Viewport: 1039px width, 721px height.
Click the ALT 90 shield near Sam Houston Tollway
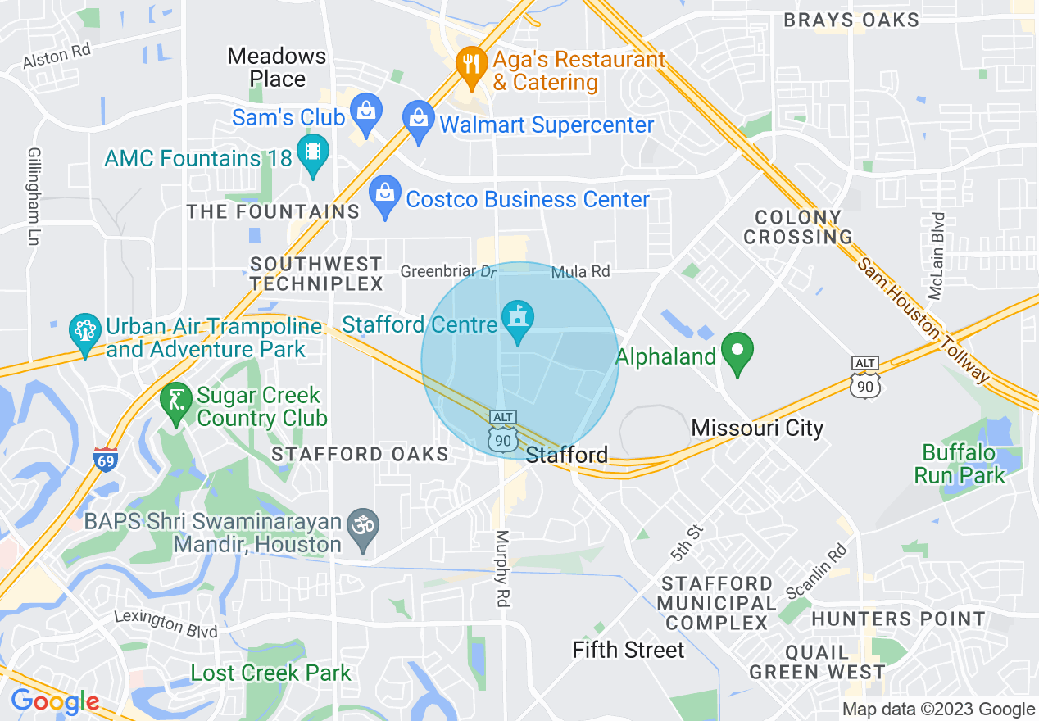[x=865, y=378]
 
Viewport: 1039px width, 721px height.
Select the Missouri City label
[x=757, y=428]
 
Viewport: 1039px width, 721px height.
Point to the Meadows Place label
[x=277, y=67]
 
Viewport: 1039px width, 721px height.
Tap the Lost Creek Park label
[x=270, y=673]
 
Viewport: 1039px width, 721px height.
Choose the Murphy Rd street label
[x=501, y=569]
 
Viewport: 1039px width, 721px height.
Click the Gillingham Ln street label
[x=34, y=197]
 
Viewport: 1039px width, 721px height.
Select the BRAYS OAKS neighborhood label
[x=851, y=20]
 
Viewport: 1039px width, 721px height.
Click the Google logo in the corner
[x=55, y=702]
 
